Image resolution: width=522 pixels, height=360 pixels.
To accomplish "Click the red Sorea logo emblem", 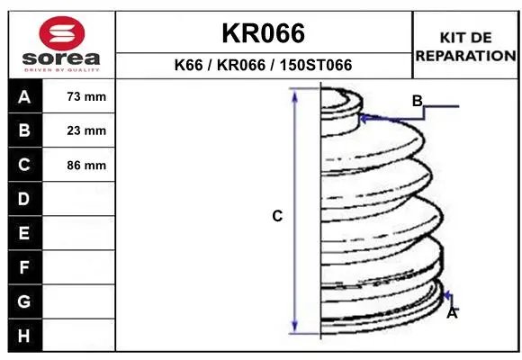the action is pos(62,33).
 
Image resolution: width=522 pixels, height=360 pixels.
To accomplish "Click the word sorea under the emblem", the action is pos(61,58).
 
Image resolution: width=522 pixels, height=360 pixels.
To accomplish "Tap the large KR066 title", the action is pos(264,33).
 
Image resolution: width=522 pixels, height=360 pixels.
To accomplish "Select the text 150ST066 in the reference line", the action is pos(316,65).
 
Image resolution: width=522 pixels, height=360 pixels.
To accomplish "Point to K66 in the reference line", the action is pos(188,65).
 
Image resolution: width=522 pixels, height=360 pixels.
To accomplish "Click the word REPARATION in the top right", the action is pos(465,56).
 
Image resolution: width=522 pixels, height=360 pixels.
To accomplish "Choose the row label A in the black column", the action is pos(24,97).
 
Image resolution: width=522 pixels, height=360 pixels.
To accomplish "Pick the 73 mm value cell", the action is pos(79,96).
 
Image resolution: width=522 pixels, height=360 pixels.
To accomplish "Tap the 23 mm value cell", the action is pos(79,130).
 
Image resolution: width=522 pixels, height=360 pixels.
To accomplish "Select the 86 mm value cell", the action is pos(79,165).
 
